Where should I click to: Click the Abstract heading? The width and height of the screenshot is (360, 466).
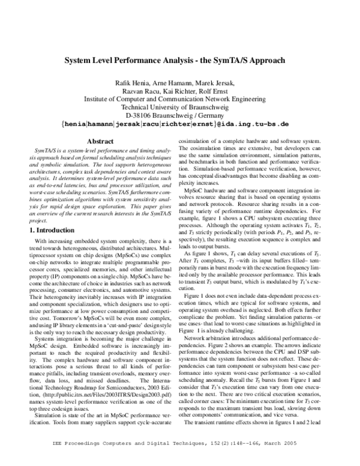97,141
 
